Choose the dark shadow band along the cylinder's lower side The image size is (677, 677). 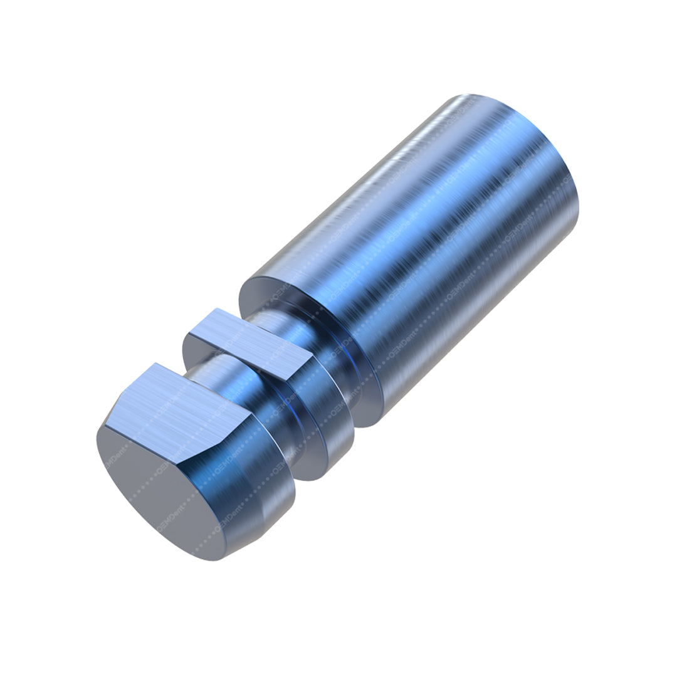[476, 326]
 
